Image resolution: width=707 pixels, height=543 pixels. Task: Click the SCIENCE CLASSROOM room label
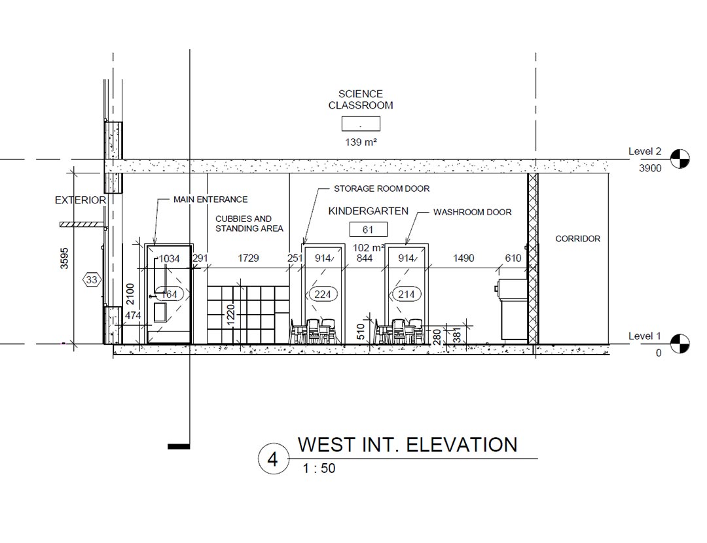click(360, 99)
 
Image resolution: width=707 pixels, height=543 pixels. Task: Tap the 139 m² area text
click(361, 143)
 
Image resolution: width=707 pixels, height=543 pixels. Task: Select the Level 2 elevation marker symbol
click(680, 158)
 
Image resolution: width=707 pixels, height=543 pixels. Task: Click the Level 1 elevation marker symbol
click(680, 343)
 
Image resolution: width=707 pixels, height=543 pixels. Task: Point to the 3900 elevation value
click(650, 169)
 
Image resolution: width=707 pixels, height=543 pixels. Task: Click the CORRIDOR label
click(577, 239)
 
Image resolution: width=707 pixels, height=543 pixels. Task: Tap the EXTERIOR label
click(81, 200)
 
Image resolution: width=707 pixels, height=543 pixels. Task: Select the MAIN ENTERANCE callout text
click(211, 199)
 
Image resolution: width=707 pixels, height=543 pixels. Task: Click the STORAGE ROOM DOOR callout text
click(382, 188)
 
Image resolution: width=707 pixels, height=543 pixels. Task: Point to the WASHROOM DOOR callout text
click(472, 212)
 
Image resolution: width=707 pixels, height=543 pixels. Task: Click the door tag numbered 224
click(323, 294)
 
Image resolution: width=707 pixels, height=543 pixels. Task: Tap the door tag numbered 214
click(407, 294)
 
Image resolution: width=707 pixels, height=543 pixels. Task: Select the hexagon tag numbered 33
click(92, 280)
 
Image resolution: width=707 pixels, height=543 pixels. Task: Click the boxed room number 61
click(369, 230)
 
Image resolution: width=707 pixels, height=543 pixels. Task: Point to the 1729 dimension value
click(248, 258)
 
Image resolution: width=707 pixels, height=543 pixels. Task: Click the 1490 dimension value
click(463, 258)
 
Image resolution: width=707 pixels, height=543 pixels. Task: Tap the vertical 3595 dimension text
click(64, 258)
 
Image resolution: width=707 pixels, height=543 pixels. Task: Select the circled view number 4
click(273, 459)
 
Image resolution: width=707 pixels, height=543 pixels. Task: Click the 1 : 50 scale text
click(319, 468)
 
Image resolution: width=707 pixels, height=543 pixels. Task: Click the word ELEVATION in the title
click(462, 446)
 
